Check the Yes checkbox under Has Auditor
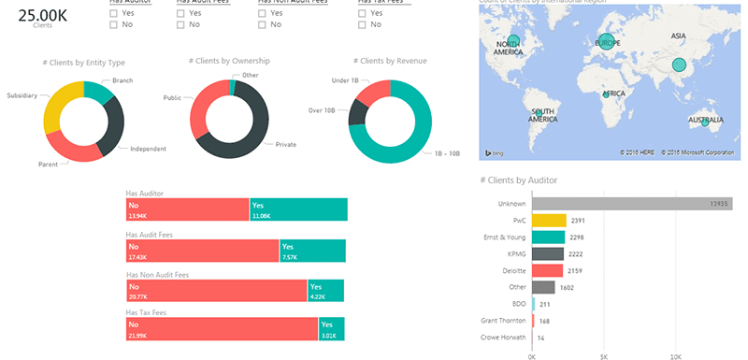(113, 14)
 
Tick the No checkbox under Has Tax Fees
(362, 25)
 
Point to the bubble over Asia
(679, 65)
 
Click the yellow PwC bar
(549, 220)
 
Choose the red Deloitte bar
(547, 270)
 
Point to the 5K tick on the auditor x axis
(604, 355)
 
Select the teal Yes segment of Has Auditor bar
(297, 209)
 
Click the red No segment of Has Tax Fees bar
(222, 329)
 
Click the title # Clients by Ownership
(229, 61)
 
